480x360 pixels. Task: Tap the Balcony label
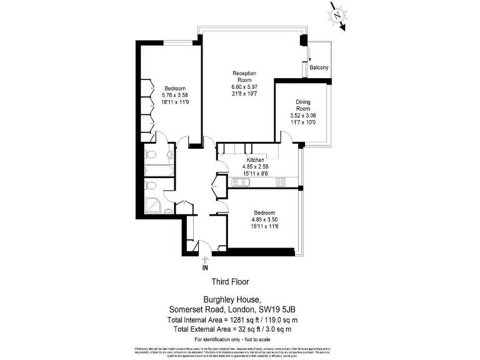[319, 67]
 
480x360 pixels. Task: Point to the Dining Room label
[303, 105]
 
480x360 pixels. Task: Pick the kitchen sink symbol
[240, 182]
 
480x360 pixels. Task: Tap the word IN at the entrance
[205, 268]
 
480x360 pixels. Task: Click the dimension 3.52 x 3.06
[303, 116]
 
